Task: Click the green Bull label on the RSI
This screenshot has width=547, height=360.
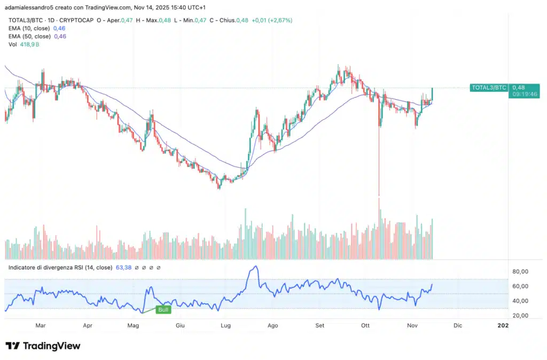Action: tap(163, 309)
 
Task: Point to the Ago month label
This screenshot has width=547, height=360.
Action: tap(272, 325)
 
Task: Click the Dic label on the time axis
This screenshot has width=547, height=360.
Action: tap(457, 325)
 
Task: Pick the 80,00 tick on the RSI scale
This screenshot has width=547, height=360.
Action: tap(520, 271)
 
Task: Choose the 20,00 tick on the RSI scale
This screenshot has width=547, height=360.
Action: tap(520, 315)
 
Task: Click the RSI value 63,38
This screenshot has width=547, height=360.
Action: tap(123, 267)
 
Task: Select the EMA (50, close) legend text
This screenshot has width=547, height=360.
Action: tap(29, 36)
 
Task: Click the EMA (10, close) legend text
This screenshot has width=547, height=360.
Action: tap(29, 28)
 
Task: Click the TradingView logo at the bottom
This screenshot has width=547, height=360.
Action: tap(43, 346)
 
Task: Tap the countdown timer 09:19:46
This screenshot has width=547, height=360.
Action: tap(525, 94)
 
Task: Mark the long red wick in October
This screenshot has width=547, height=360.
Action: tap(379, 160)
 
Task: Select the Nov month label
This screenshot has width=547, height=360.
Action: tap(412, 325)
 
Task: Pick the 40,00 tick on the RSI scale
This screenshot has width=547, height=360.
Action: tap(520, 301)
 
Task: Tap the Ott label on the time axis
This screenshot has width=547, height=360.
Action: tap(365, 325)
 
